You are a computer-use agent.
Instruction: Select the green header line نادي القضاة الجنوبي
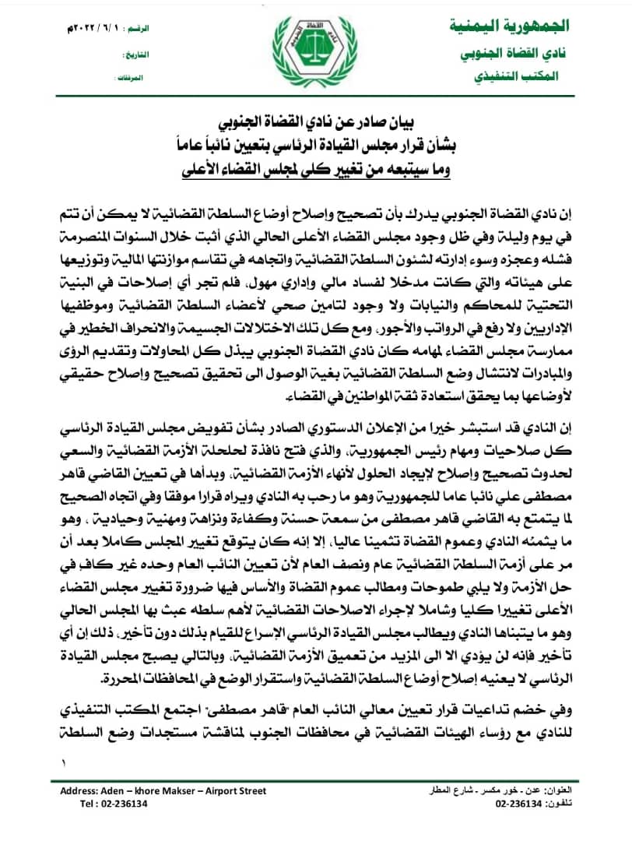[x=511, y=51]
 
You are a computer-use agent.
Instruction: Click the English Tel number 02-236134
[x=118, y=804]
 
